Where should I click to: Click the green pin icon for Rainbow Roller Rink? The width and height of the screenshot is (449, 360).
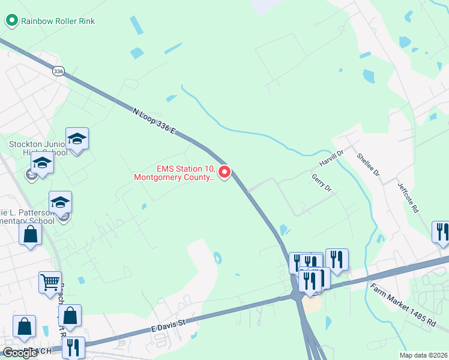[11, 21]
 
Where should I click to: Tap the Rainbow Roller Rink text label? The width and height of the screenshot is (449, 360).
[58, 21]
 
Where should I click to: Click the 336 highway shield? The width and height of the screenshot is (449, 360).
[58, 71]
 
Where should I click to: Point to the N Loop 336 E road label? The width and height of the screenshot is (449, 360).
[153, 120]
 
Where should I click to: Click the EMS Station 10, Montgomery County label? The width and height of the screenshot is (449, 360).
[174, 173]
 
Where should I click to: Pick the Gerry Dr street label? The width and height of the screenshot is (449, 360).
[322, 182]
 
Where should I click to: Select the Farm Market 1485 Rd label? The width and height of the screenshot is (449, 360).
[402, 304]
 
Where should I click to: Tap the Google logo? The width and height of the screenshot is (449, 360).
[20, 353]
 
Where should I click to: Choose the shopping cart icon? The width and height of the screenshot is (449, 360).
[50, 281]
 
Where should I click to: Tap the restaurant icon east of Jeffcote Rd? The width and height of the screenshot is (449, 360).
[441, 231]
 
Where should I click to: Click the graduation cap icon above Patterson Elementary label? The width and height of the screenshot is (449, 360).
[60, 202]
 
